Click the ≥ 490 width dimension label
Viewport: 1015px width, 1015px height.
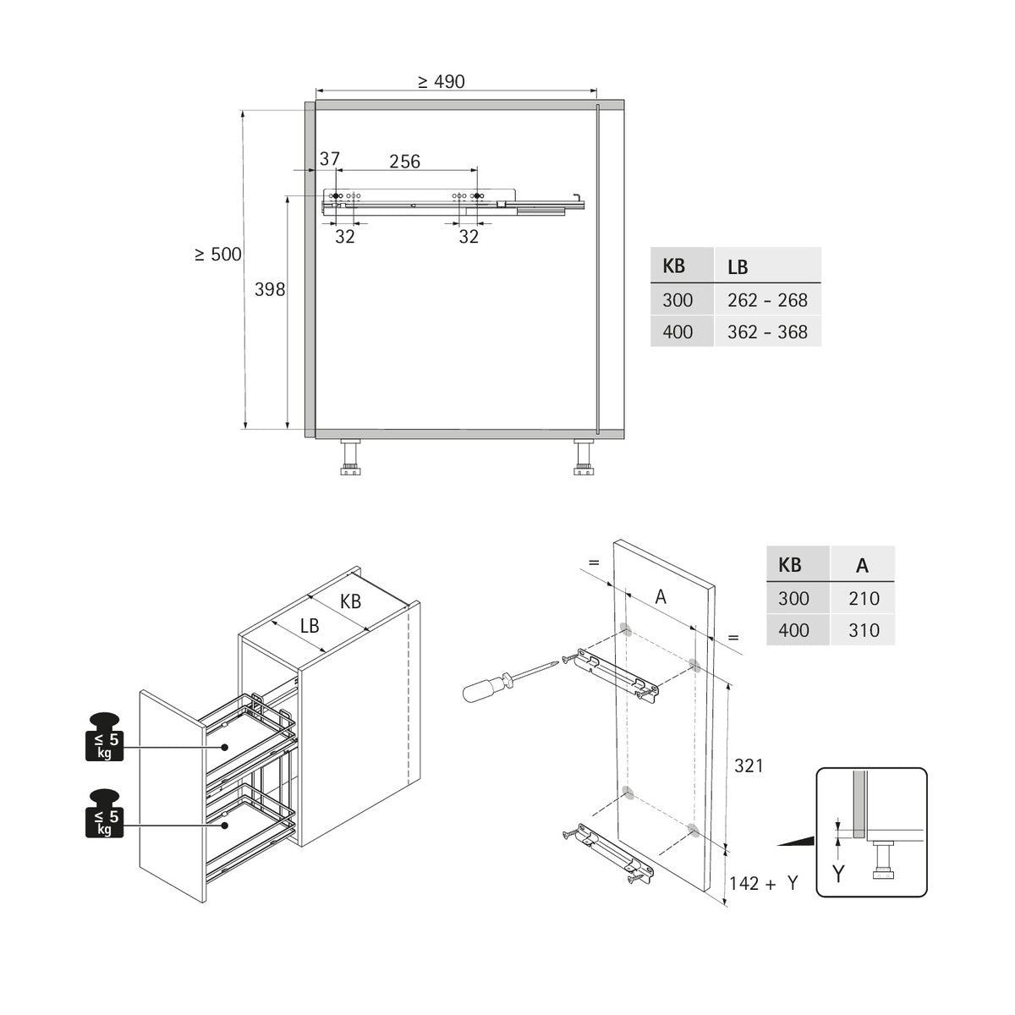441,81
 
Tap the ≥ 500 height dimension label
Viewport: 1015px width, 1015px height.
217,254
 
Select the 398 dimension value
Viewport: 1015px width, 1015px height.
270,289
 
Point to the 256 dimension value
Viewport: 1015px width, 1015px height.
404,161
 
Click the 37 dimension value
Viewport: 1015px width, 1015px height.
329,159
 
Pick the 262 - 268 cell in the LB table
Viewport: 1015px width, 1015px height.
767,300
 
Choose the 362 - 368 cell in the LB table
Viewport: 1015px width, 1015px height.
767,332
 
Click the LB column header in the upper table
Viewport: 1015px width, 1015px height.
738,266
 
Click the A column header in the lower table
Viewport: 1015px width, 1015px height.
862,566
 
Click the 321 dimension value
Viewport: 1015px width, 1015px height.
748,765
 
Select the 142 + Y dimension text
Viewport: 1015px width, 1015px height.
764,883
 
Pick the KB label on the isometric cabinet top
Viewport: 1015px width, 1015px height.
350,601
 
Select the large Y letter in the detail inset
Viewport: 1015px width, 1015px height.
837,874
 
